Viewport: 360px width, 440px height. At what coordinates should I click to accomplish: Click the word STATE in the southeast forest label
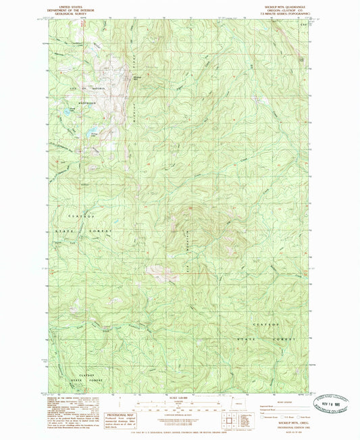click(251, 336)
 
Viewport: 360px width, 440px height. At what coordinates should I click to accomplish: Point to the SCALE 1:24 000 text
click(180, 396)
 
